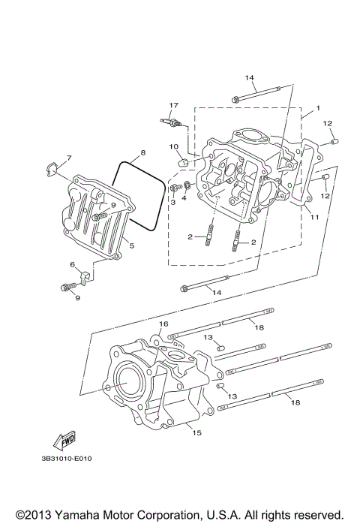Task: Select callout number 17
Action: click(x=173, y=105)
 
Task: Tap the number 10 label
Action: click(x=172, y=146)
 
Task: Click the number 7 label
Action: click(x=67, y=158)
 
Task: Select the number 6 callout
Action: click(x=73, y=266)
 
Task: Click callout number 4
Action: click(x=184, y=199)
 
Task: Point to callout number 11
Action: click(x=315, y=217)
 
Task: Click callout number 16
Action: click(x=162, y=324)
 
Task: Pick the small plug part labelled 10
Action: click(x=183, y=160)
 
